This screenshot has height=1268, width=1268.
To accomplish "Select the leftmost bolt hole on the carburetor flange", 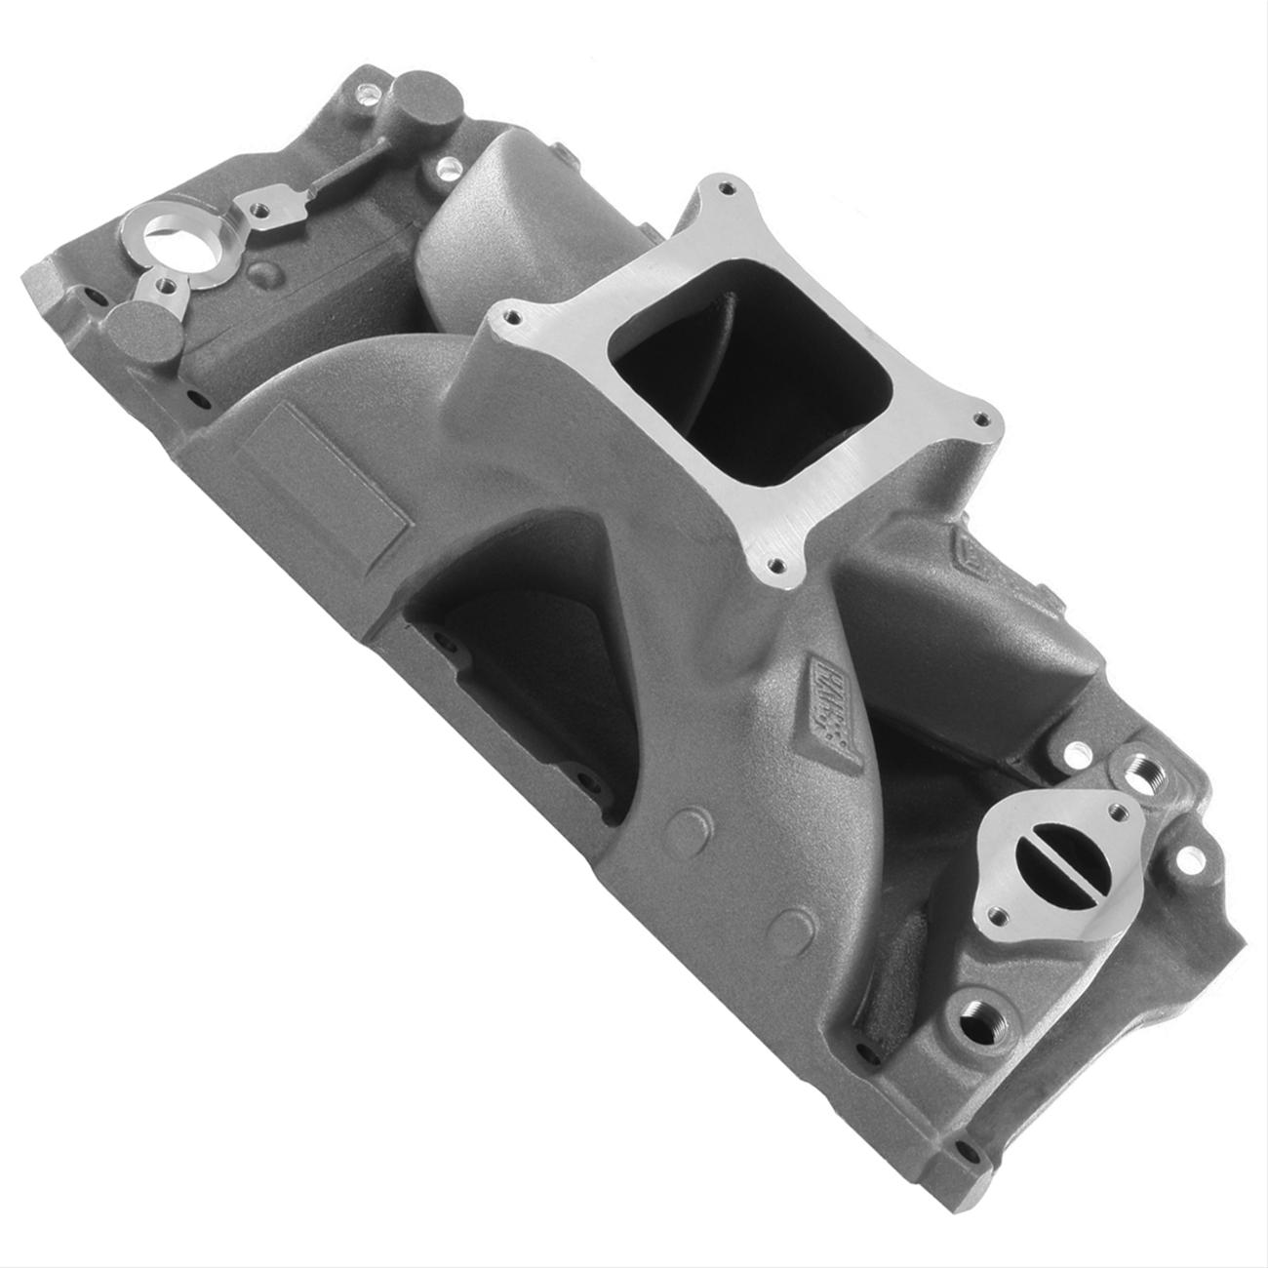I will click(505, 317).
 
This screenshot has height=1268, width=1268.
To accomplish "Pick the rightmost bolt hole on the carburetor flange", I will click(982, 421).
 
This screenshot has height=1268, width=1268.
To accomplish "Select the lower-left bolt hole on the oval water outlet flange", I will click(996, 916).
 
